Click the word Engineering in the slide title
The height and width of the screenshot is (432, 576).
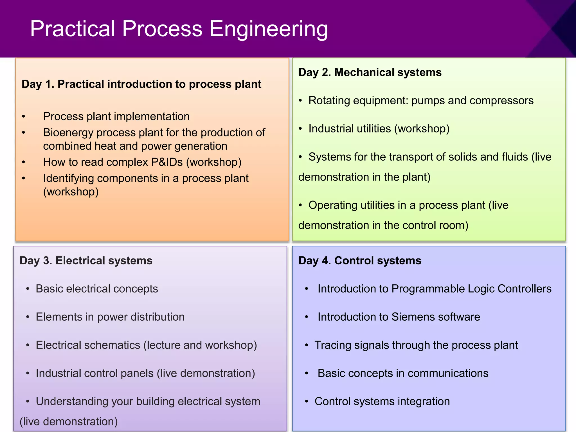269,29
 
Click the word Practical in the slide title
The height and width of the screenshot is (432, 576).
73,29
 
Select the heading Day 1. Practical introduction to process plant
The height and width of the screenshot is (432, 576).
141,84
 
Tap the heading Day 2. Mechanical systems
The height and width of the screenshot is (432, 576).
370,72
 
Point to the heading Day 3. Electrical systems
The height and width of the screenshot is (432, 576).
86,261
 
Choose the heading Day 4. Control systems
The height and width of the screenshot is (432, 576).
359,261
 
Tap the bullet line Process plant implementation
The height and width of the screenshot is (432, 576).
116,116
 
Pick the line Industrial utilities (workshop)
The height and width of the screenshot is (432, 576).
379,129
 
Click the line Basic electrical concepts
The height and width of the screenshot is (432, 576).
97,289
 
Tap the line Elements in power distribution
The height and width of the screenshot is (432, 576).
110,317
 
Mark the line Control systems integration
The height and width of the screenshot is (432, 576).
382,401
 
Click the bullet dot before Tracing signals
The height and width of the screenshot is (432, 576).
307,345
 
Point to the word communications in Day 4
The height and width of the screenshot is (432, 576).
448,373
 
